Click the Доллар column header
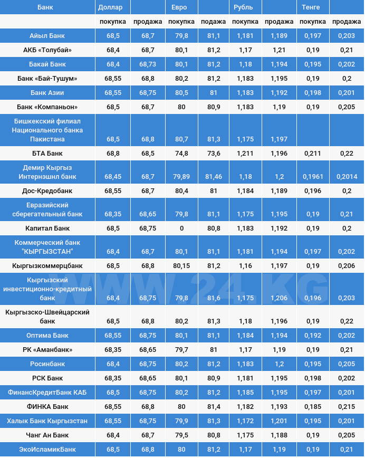(x=110, y=7)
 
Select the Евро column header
(x=179, y=7)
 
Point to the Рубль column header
(x=243, y=7)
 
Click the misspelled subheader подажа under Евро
(x=213, y=22)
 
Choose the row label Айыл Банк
(x=47, y=36)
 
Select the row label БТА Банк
(x=47, y=154)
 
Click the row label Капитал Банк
(x=47, y=228)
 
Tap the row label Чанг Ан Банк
(x=47, y=435)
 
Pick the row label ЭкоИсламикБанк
(x=47, y=450)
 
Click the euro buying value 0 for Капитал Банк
(x=181, y=228)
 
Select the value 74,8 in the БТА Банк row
(x=181, y=154)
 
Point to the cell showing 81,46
(x=214, y=177)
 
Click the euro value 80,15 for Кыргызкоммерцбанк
(x=181, y=266)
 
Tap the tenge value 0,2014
(x=347, y=177)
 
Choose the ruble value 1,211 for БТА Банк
(x=245, y=154)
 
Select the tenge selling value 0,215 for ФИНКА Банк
(x=347, y=407)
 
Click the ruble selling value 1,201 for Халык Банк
(x=279, y=421)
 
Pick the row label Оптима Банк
(x=47, y=336)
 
